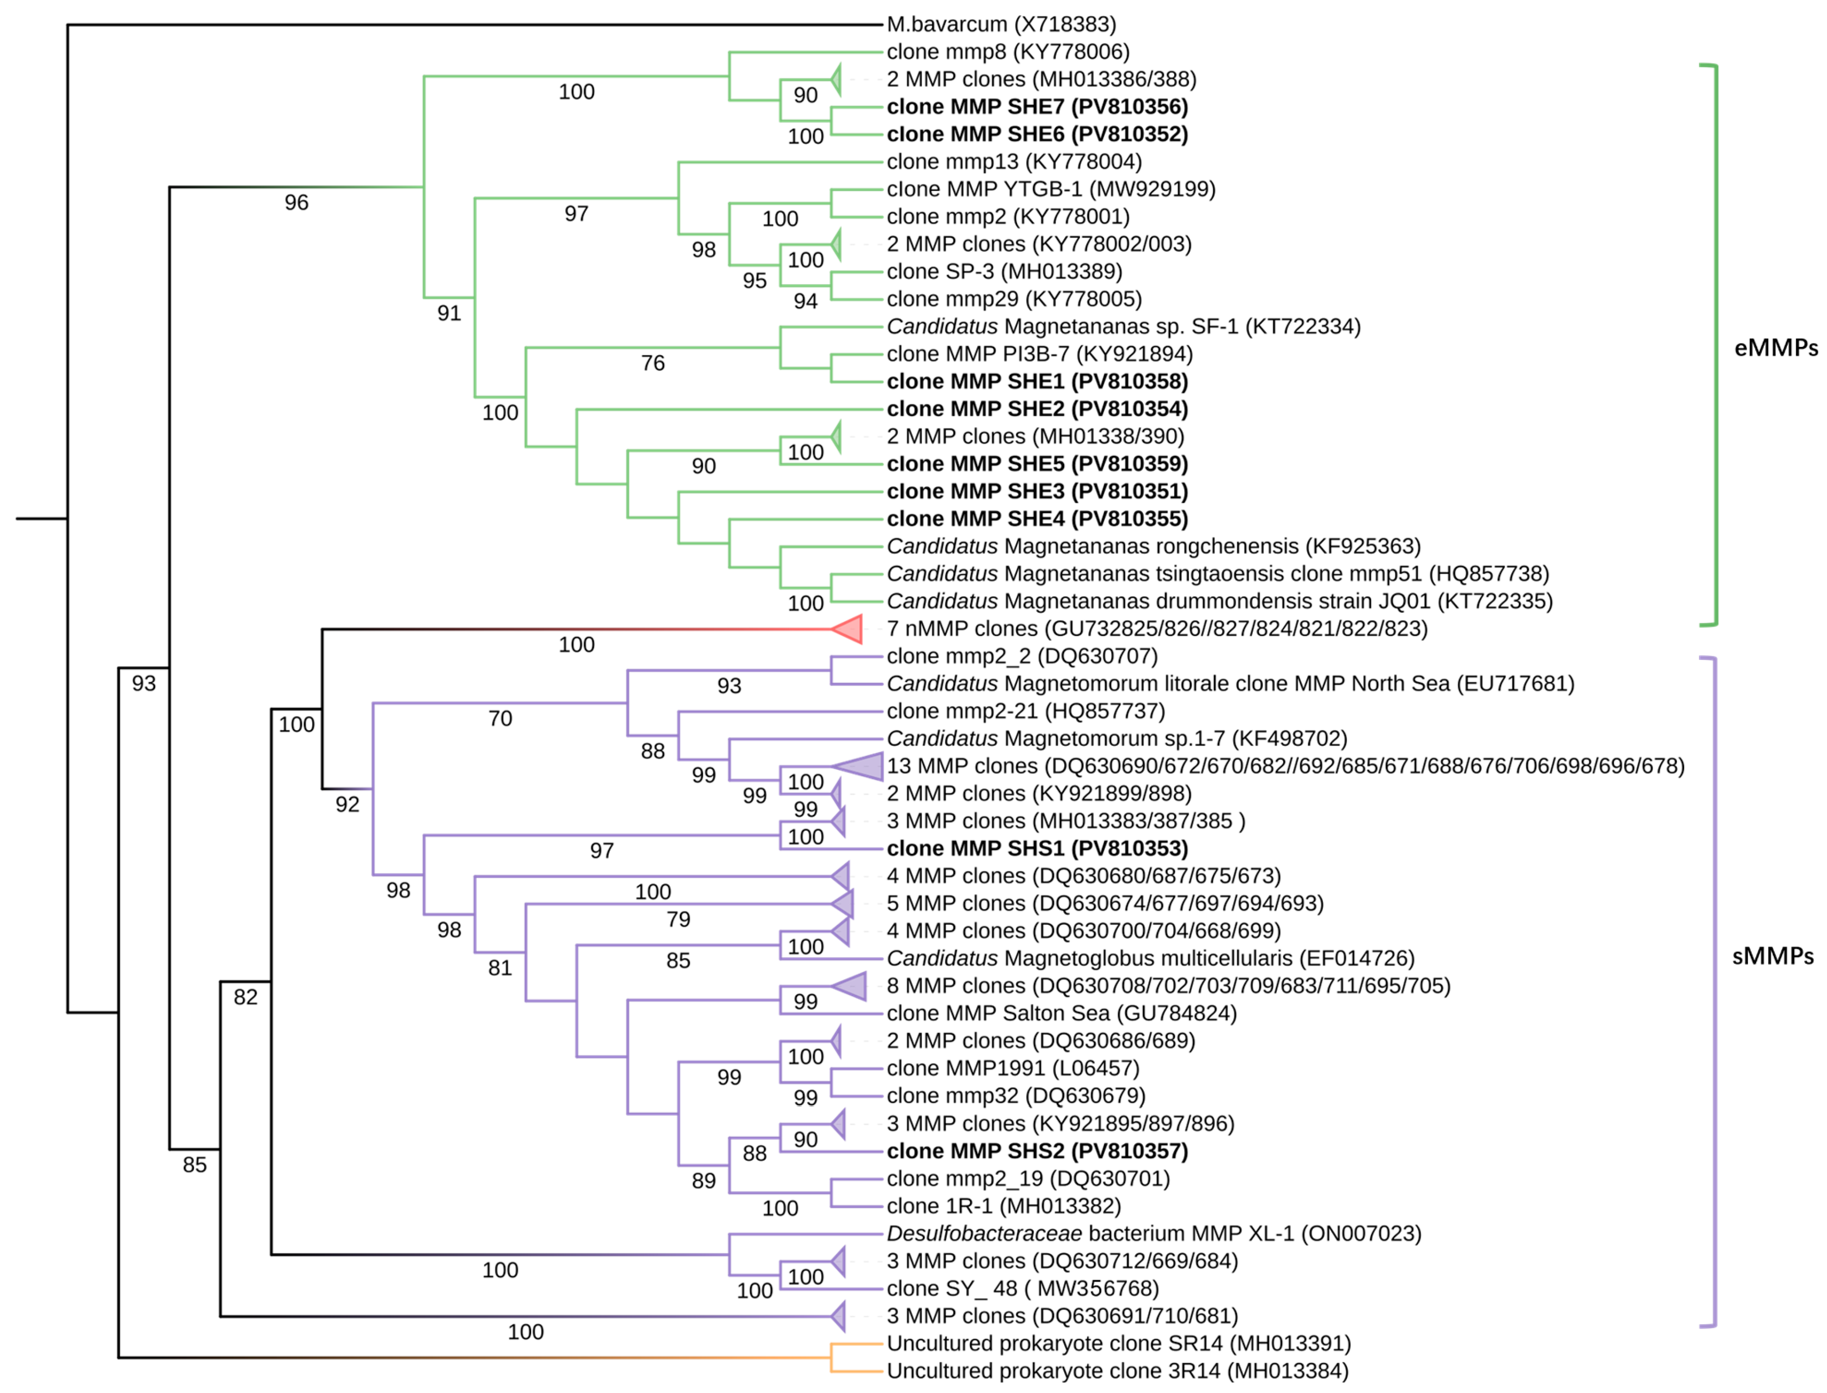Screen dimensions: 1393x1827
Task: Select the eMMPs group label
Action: pos(1775,348)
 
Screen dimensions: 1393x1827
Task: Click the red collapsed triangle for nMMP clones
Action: pos(850,630)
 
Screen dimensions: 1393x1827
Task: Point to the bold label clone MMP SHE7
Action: pos(1037,107)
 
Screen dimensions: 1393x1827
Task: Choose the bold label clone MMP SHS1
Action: pos(1037,849)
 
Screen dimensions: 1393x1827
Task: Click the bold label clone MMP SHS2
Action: pos(1037,1152)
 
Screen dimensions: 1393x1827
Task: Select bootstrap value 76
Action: pos(653,363)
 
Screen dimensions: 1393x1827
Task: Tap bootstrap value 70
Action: pos(500,719)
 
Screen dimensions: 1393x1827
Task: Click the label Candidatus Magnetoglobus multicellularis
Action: pos(1150,959)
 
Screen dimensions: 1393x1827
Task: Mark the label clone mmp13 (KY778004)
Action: pos(1014,162)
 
